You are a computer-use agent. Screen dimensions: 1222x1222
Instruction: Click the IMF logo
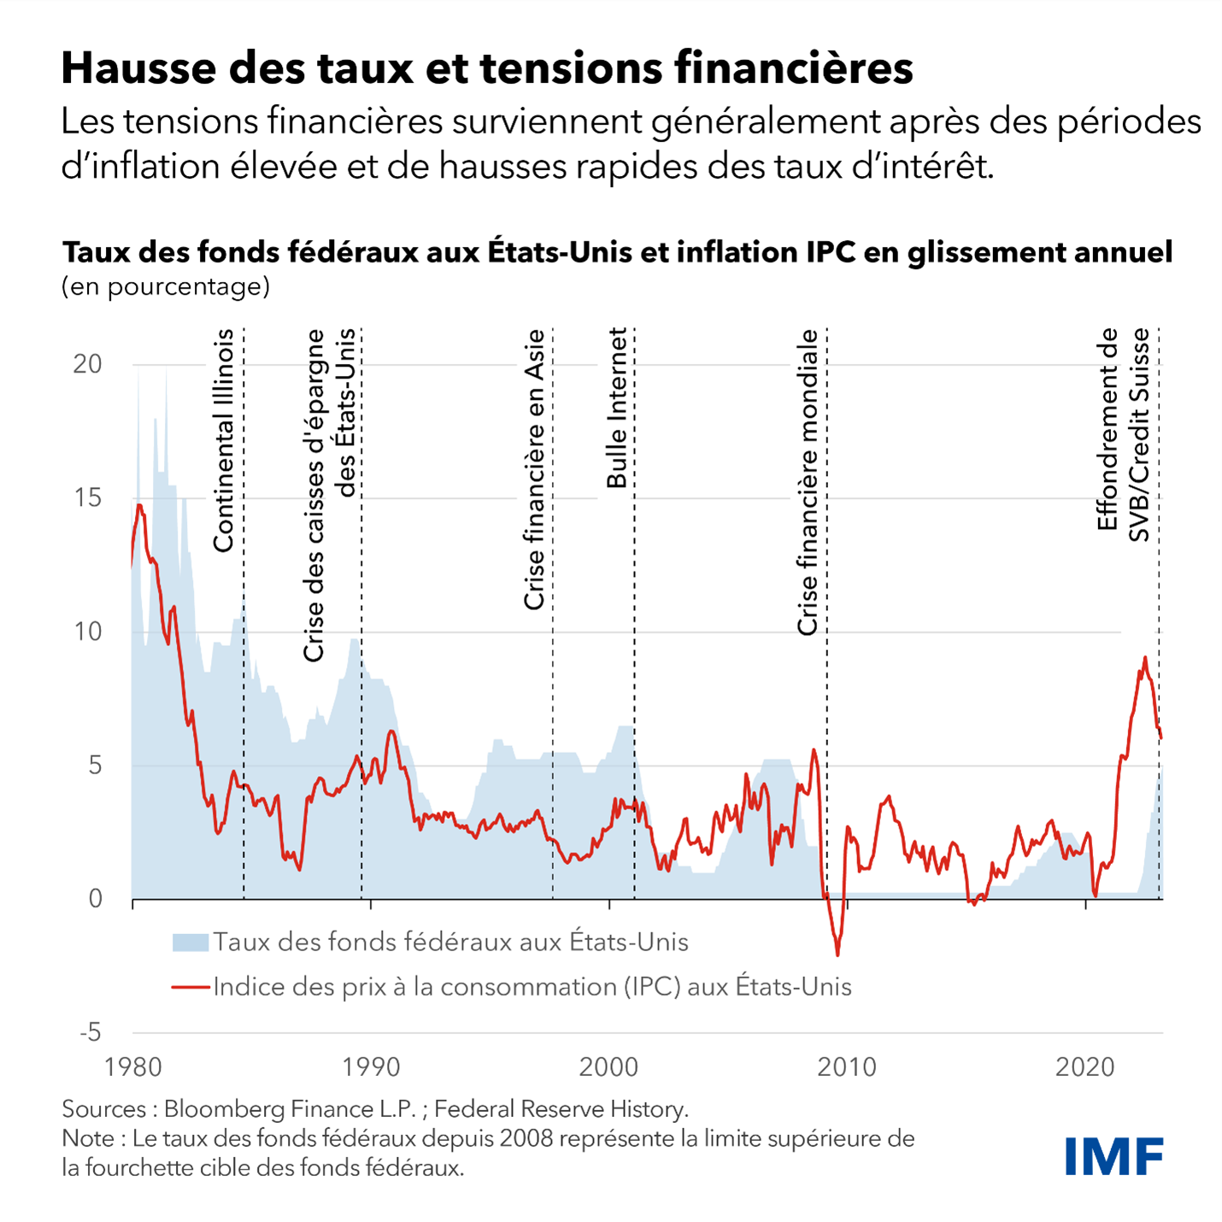click(x=1113, y=1156)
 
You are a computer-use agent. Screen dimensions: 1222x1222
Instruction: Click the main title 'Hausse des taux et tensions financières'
click(x=487, y=68)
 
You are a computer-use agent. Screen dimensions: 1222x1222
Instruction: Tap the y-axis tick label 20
click(x=87, y=364)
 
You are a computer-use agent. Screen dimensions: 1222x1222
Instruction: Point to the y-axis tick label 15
click(x=87, y=497)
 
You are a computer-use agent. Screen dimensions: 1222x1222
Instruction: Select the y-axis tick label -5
click(x=90, y=1032)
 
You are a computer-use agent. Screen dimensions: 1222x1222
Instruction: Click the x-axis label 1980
click(x=132, y=1067)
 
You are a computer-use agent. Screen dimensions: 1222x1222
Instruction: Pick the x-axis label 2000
click(x=608, y=1067)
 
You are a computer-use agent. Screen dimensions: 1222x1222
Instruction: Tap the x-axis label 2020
click(x=1084, y=1067)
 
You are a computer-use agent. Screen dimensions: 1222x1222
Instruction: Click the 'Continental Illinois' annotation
click(x=223, y=440)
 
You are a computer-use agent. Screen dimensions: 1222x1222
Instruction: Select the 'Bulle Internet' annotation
click(x=617, y=408)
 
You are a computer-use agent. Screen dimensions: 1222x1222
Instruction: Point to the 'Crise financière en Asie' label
click(x=534, y=470)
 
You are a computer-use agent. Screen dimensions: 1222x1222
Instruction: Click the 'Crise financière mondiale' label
click(x=808, y=483)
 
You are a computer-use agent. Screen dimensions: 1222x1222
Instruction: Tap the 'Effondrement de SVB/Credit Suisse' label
click(x=1123, y=434)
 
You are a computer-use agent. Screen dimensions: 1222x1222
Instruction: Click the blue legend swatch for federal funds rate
click(x=190, y=943)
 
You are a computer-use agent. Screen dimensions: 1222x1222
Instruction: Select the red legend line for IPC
click(x=190, y=987)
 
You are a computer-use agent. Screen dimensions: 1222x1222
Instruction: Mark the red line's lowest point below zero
click(x=837, y=955)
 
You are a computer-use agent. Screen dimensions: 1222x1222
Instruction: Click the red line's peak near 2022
click(x=1145, y=657)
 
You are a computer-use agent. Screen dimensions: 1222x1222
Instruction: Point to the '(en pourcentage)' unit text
click(x=166, y=286)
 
